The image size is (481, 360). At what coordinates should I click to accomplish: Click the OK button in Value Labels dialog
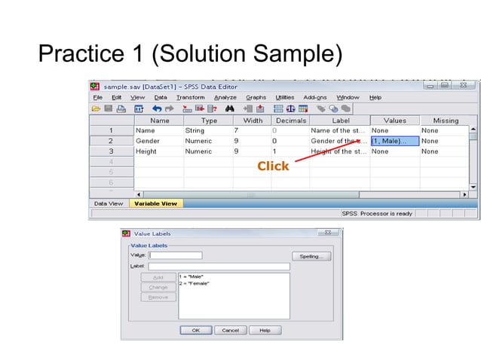(x=195, y=330)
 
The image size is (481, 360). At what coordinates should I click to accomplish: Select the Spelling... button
(x=311, y=256)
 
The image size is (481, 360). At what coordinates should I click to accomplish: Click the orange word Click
(x=273, y=166)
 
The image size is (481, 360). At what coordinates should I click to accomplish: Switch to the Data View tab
(x=109, y=203)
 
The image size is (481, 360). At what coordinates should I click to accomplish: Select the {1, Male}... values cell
(x=394, y=141)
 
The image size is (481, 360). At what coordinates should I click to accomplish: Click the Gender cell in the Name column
(x=148, y=141)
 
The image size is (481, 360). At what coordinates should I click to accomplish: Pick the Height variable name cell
(x=146, y=151)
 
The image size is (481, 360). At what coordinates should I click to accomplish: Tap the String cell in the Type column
(x=195, y=130)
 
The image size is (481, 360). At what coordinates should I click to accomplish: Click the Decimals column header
(x=290, y=121)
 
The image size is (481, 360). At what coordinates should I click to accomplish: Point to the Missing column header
(x=445, y=121)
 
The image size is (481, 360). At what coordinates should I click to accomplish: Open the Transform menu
(x=190, y=97)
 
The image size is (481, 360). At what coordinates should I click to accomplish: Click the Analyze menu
(x=225, y=97)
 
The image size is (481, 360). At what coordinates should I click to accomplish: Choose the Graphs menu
(x=256, y=97)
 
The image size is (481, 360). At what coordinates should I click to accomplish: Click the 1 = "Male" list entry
(x=192, y=276)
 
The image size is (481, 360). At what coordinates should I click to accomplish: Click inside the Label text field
(x=219, y=267)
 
